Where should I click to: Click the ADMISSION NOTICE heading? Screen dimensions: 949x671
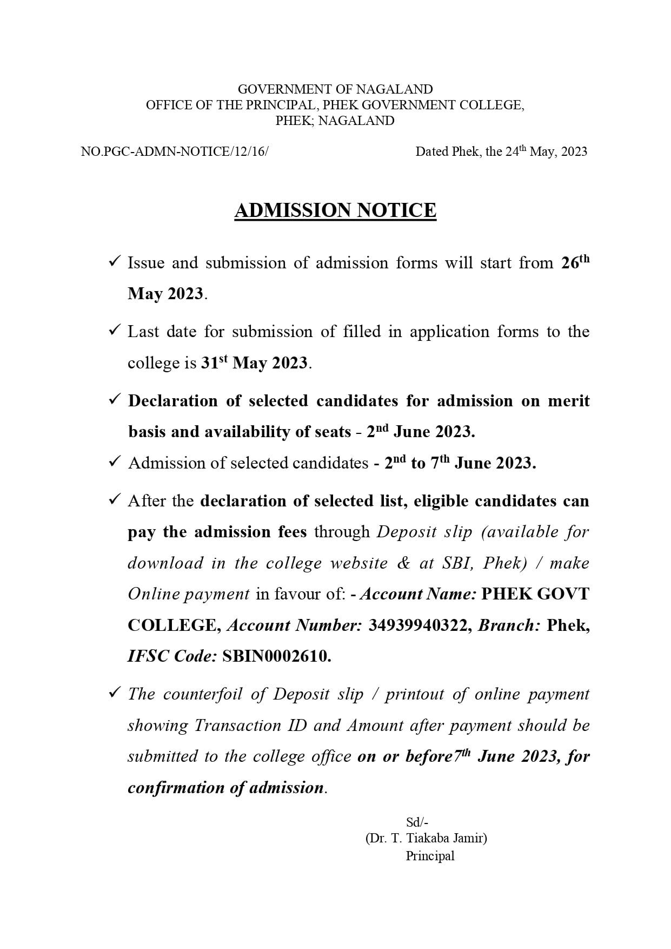tap(335, 210)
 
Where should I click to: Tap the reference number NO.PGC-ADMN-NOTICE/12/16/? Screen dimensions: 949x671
tap(174, 151)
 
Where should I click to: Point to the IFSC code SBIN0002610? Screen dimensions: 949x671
tap(276, 656)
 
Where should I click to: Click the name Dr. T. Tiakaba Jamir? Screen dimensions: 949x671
tap(426, 839)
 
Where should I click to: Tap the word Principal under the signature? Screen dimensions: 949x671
tap(430, 856)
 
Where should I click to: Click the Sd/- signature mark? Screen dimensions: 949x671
tap(417, 822)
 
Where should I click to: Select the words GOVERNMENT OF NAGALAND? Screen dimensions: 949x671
tap(335, 89)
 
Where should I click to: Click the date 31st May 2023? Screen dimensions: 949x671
tap(254, 363)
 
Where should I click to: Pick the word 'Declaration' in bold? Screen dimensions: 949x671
tap(173, 401)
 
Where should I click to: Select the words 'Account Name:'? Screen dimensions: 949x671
tap(418, 594)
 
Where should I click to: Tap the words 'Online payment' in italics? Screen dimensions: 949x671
tap(188, 594)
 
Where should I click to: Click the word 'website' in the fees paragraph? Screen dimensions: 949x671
tap(359, 563)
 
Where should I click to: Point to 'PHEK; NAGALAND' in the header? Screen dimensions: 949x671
tap(335, 121)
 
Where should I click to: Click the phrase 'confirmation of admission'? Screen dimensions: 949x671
tap(226, 787)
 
